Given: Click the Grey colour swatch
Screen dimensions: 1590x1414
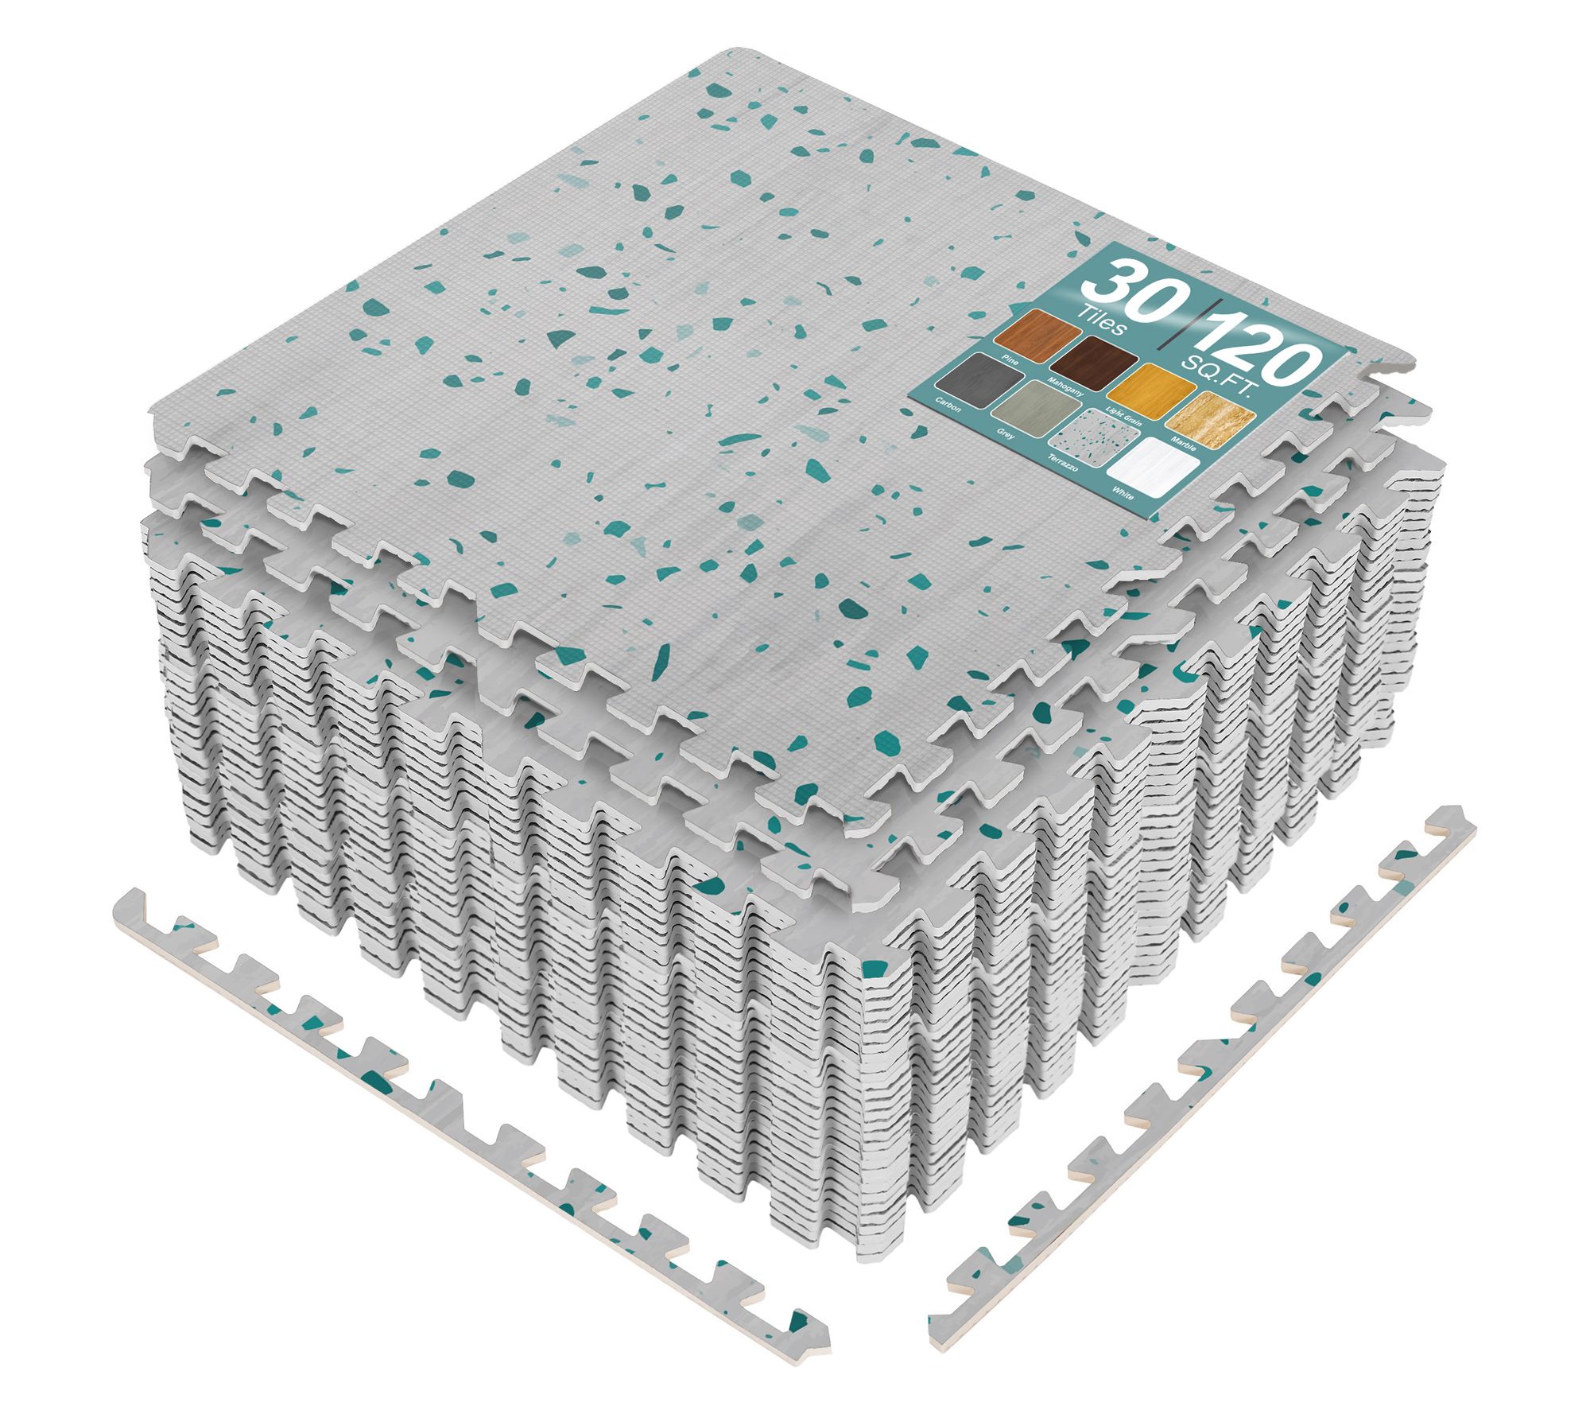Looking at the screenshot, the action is (1033, 410).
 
